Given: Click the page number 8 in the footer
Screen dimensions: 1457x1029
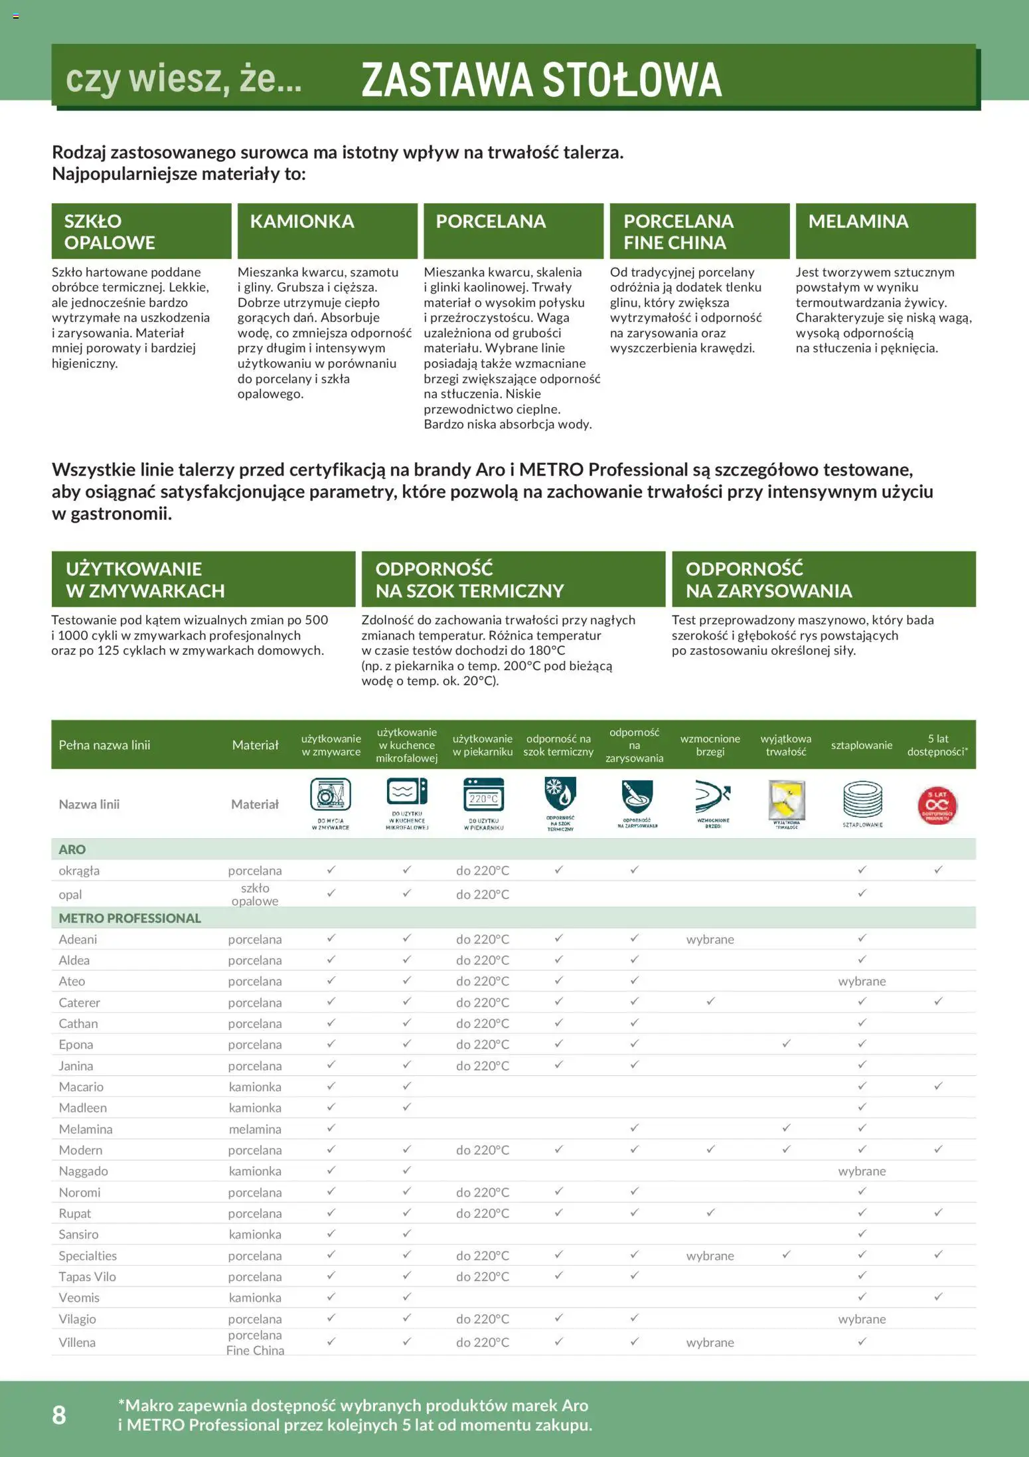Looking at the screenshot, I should [x=59, y=1414].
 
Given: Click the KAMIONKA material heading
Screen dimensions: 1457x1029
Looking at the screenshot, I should [x=302, y=221].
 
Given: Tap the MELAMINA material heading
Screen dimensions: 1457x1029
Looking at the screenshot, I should [x=858, y=221].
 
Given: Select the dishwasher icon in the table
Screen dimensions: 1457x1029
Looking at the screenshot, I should [x=331, y=796].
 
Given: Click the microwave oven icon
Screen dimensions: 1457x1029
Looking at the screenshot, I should [x=407, y=793].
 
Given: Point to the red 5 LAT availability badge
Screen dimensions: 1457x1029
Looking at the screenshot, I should [x=937, y=805].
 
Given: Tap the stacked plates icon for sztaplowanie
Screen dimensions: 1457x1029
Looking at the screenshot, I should [x=862, y=799].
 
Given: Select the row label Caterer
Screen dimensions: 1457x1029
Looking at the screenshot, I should [x=80, y=1002].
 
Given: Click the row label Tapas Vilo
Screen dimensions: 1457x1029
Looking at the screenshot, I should [x=87, y=1276].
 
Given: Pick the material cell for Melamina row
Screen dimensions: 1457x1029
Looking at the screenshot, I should [x=255, y=1129].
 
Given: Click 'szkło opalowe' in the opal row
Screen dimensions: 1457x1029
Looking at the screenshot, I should [x=255, y=894].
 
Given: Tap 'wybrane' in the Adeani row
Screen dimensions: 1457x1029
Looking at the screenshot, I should [x=710, y=939].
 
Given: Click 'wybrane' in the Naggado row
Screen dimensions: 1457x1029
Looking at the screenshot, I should [x=862, y=1171].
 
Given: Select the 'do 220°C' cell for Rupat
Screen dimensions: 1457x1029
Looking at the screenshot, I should [x=483, y=1213].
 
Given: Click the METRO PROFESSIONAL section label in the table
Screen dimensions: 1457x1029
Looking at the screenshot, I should [x=129, y=918].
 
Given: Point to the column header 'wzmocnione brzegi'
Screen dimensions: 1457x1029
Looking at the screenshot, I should [x=710, y=745].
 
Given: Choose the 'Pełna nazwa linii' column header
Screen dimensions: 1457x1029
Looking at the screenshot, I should [x=104, y=745].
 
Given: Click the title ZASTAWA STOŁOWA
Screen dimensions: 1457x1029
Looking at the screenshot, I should [x=541, y=80].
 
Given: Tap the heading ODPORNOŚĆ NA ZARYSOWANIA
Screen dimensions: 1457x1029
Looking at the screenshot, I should [x=769, y=579].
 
